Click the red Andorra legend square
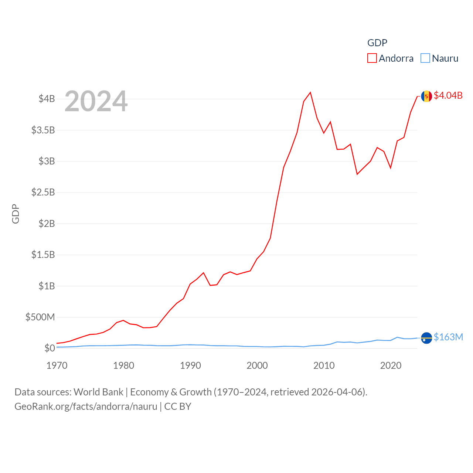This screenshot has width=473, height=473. pos(372,58)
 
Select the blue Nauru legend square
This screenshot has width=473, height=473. pos(425,58)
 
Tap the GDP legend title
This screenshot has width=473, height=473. pos(377,43)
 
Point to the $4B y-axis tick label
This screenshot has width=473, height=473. pos(47,99)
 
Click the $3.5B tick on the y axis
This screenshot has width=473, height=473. pos(43,130)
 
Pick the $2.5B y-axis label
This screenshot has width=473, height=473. pos(43,192)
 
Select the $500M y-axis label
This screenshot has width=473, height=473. pos(40,317)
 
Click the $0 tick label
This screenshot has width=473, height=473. pos(50,348)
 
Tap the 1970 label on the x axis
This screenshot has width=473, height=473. pos(57,365)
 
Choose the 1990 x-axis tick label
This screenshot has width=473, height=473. pos(190,365)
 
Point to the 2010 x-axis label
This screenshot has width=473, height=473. pos(324,365)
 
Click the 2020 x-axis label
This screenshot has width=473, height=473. pos(391,365)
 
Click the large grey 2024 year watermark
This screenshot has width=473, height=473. pos(96,101)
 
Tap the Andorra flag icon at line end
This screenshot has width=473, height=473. pos(426,96)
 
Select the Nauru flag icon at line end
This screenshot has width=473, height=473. pos(426,338)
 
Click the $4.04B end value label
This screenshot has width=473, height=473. pos(448,95)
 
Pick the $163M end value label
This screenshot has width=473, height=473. pos(448,337)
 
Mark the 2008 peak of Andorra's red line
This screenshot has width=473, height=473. pos(310,92)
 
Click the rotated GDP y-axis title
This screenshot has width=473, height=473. pos(16,214)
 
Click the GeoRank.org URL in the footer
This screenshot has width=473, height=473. pos(86,406)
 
